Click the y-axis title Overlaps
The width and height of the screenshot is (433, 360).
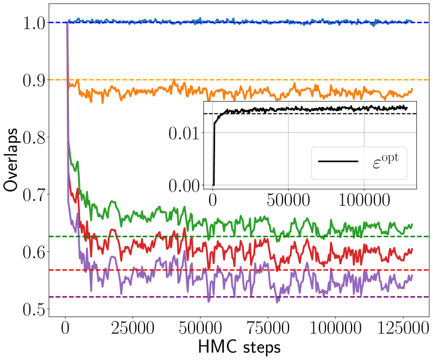12,160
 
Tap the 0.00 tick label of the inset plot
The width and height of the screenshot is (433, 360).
184,185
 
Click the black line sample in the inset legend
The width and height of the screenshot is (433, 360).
338,161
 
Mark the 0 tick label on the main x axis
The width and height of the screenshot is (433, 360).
65,329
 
